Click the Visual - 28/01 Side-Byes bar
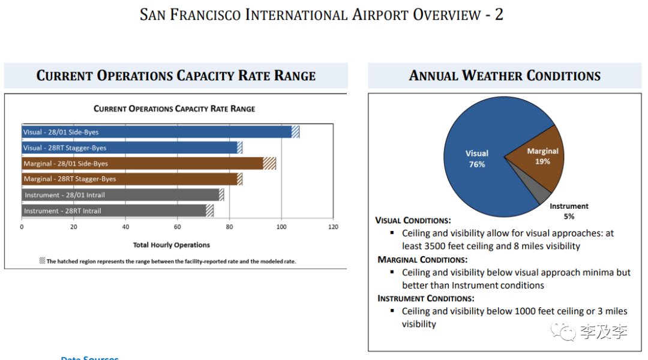click(156, 132)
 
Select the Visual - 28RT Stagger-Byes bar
click(129, 148)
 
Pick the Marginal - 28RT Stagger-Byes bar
click(129, 179)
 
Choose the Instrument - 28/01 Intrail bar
click(120, 195)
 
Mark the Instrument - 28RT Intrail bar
click(114, 211)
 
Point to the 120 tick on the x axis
click(333, 227)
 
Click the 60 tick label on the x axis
click(177, 227)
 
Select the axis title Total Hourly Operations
click(172, 245)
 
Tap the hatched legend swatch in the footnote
click(42, 261)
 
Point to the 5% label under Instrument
click(569, 216)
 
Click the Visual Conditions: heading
click(413, 220)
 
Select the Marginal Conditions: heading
click(422, 260)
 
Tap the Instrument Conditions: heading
click(425, 298)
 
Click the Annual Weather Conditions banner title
click(505, 76)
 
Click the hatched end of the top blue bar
click(295, 132)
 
